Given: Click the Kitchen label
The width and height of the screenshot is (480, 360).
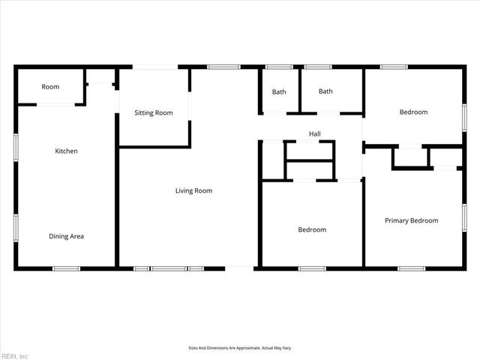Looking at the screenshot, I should pos(66,151).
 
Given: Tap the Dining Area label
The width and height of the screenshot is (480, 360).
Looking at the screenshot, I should pos(66,236).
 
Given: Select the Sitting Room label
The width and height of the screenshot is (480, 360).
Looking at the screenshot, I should pos(153,113).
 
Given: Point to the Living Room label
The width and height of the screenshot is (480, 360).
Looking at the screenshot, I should pos(193,191).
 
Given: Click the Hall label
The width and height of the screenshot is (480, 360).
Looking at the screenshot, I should pos(315,134).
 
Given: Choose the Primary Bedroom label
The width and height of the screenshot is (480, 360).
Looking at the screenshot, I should pos(411,220).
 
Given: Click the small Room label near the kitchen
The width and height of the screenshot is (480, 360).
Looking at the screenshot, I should pos(50,87).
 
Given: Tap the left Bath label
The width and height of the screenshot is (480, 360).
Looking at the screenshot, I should pos(279,92).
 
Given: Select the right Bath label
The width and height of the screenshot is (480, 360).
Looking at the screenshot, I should pos(325,92).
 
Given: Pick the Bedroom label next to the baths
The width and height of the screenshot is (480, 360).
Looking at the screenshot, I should pos(413,112).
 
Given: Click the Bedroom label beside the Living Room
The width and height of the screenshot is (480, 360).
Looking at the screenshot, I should pos(312,230).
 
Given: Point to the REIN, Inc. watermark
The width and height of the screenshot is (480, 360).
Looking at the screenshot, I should pos(14,355).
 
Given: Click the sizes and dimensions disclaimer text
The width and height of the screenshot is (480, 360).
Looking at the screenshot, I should pos(240,348).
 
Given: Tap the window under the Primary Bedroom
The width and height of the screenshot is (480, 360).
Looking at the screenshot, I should pos(412,268).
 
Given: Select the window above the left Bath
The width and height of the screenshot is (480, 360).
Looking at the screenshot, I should pos(279,67).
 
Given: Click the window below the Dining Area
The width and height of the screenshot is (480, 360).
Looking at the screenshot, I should pos(66,268).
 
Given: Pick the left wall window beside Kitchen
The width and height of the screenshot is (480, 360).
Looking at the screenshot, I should pos(15,146).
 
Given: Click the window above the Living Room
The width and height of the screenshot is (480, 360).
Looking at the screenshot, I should pos(223,67).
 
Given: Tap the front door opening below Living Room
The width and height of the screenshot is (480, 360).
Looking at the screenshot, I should pos(239,268).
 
